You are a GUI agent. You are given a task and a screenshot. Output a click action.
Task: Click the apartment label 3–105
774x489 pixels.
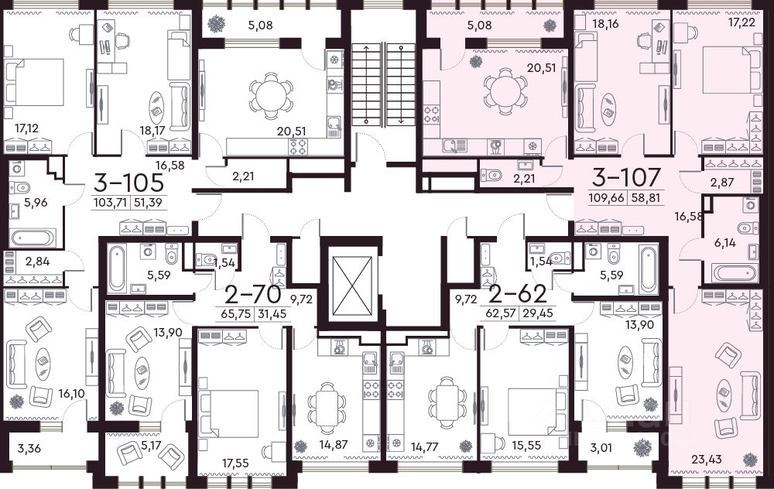(128, 183)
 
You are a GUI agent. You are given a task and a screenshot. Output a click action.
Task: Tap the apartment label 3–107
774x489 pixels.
(626, 177)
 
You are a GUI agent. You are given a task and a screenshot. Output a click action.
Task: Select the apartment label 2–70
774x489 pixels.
(253, 295)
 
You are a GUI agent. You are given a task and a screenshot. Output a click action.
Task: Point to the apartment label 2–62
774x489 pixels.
(518, 294)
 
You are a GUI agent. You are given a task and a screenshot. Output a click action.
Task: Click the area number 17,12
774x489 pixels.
(26, 128)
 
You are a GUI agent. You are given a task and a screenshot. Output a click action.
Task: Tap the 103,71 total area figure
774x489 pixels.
(110, 202)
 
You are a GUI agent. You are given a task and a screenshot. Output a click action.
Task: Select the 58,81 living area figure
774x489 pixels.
(646, 198)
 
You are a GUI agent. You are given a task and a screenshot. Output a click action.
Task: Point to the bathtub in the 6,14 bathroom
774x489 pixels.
(734, 273)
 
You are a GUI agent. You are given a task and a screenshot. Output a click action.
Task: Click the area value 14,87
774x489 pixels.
(333, 444)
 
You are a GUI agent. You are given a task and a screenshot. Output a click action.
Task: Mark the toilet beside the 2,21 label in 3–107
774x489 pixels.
(491, 174)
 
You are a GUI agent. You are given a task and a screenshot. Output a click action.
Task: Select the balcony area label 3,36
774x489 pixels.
(30, 449)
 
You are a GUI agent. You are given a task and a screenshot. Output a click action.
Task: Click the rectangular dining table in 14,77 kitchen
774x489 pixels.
(447, 400)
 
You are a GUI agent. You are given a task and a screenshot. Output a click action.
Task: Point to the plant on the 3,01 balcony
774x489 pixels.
(642, 448)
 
